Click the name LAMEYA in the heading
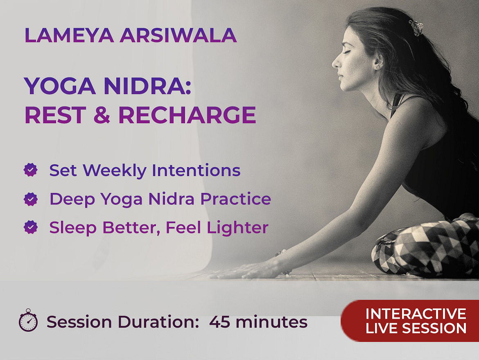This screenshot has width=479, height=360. tap(69, 35)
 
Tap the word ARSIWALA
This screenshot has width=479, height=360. tap(178, 35)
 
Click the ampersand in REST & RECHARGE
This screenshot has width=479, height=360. tap(102, 115)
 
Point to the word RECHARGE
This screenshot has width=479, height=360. tap(187, 115)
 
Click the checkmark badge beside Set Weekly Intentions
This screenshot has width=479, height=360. tap(31, 170)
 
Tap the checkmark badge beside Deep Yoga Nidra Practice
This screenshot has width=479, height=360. tap(31, 199)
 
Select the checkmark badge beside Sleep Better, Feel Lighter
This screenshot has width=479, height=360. tap(31, 227)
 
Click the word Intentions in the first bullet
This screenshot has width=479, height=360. tap(196, 170)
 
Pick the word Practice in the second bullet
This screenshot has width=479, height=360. tap(235, 199)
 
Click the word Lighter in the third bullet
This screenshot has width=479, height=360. tap(238, 228)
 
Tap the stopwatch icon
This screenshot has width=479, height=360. tap(28, 320)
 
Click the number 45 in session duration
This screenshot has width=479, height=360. tap(219, 322)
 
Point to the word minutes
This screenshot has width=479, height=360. tap(271, 322)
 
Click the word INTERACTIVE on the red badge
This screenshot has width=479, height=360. tap(416, 314)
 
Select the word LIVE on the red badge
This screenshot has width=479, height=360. tap(382, 328)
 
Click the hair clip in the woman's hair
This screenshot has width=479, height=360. tap(416, 27)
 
